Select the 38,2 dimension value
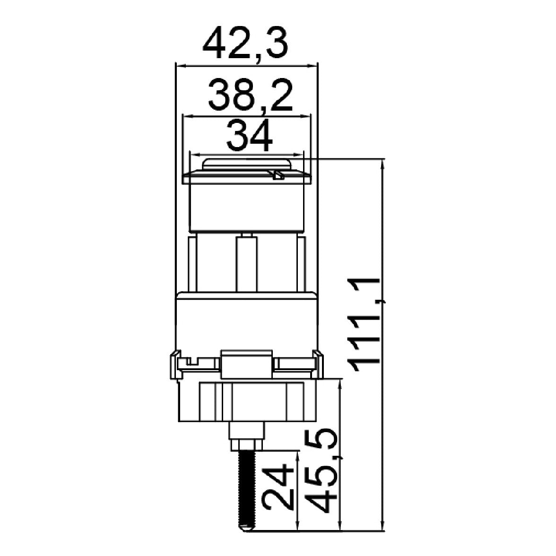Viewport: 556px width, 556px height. click(251, 96)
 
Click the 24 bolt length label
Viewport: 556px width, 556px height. click(279, 489)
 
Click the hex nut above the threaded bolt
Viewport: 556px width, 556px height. click(247, 445)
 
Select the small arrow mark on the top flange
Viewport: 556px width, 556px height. click(278, 175)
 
